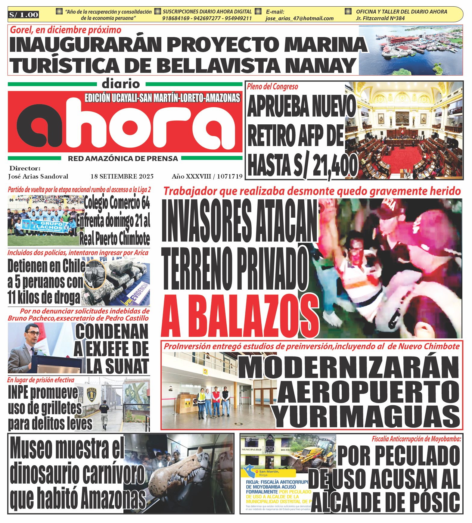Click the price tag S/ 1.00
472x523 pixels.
coord(24,15)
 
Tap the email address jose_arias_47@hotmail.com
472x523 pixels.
coord(299,18)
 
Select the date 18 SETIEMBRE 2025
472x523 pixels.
coord(122,176)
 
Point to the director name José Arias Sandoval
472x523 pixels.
coord(38,176)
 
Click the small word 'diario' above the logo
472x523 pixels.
coord(121,84)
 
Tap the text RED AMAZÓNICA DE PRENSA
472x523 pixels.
coord(123,159)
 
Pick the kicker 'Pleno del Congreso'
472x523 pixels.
coord(272,87)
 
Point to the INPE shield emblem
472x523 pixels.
coord(92,394)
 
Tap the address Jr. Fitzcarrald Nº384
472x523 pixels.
coord(380,18)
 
